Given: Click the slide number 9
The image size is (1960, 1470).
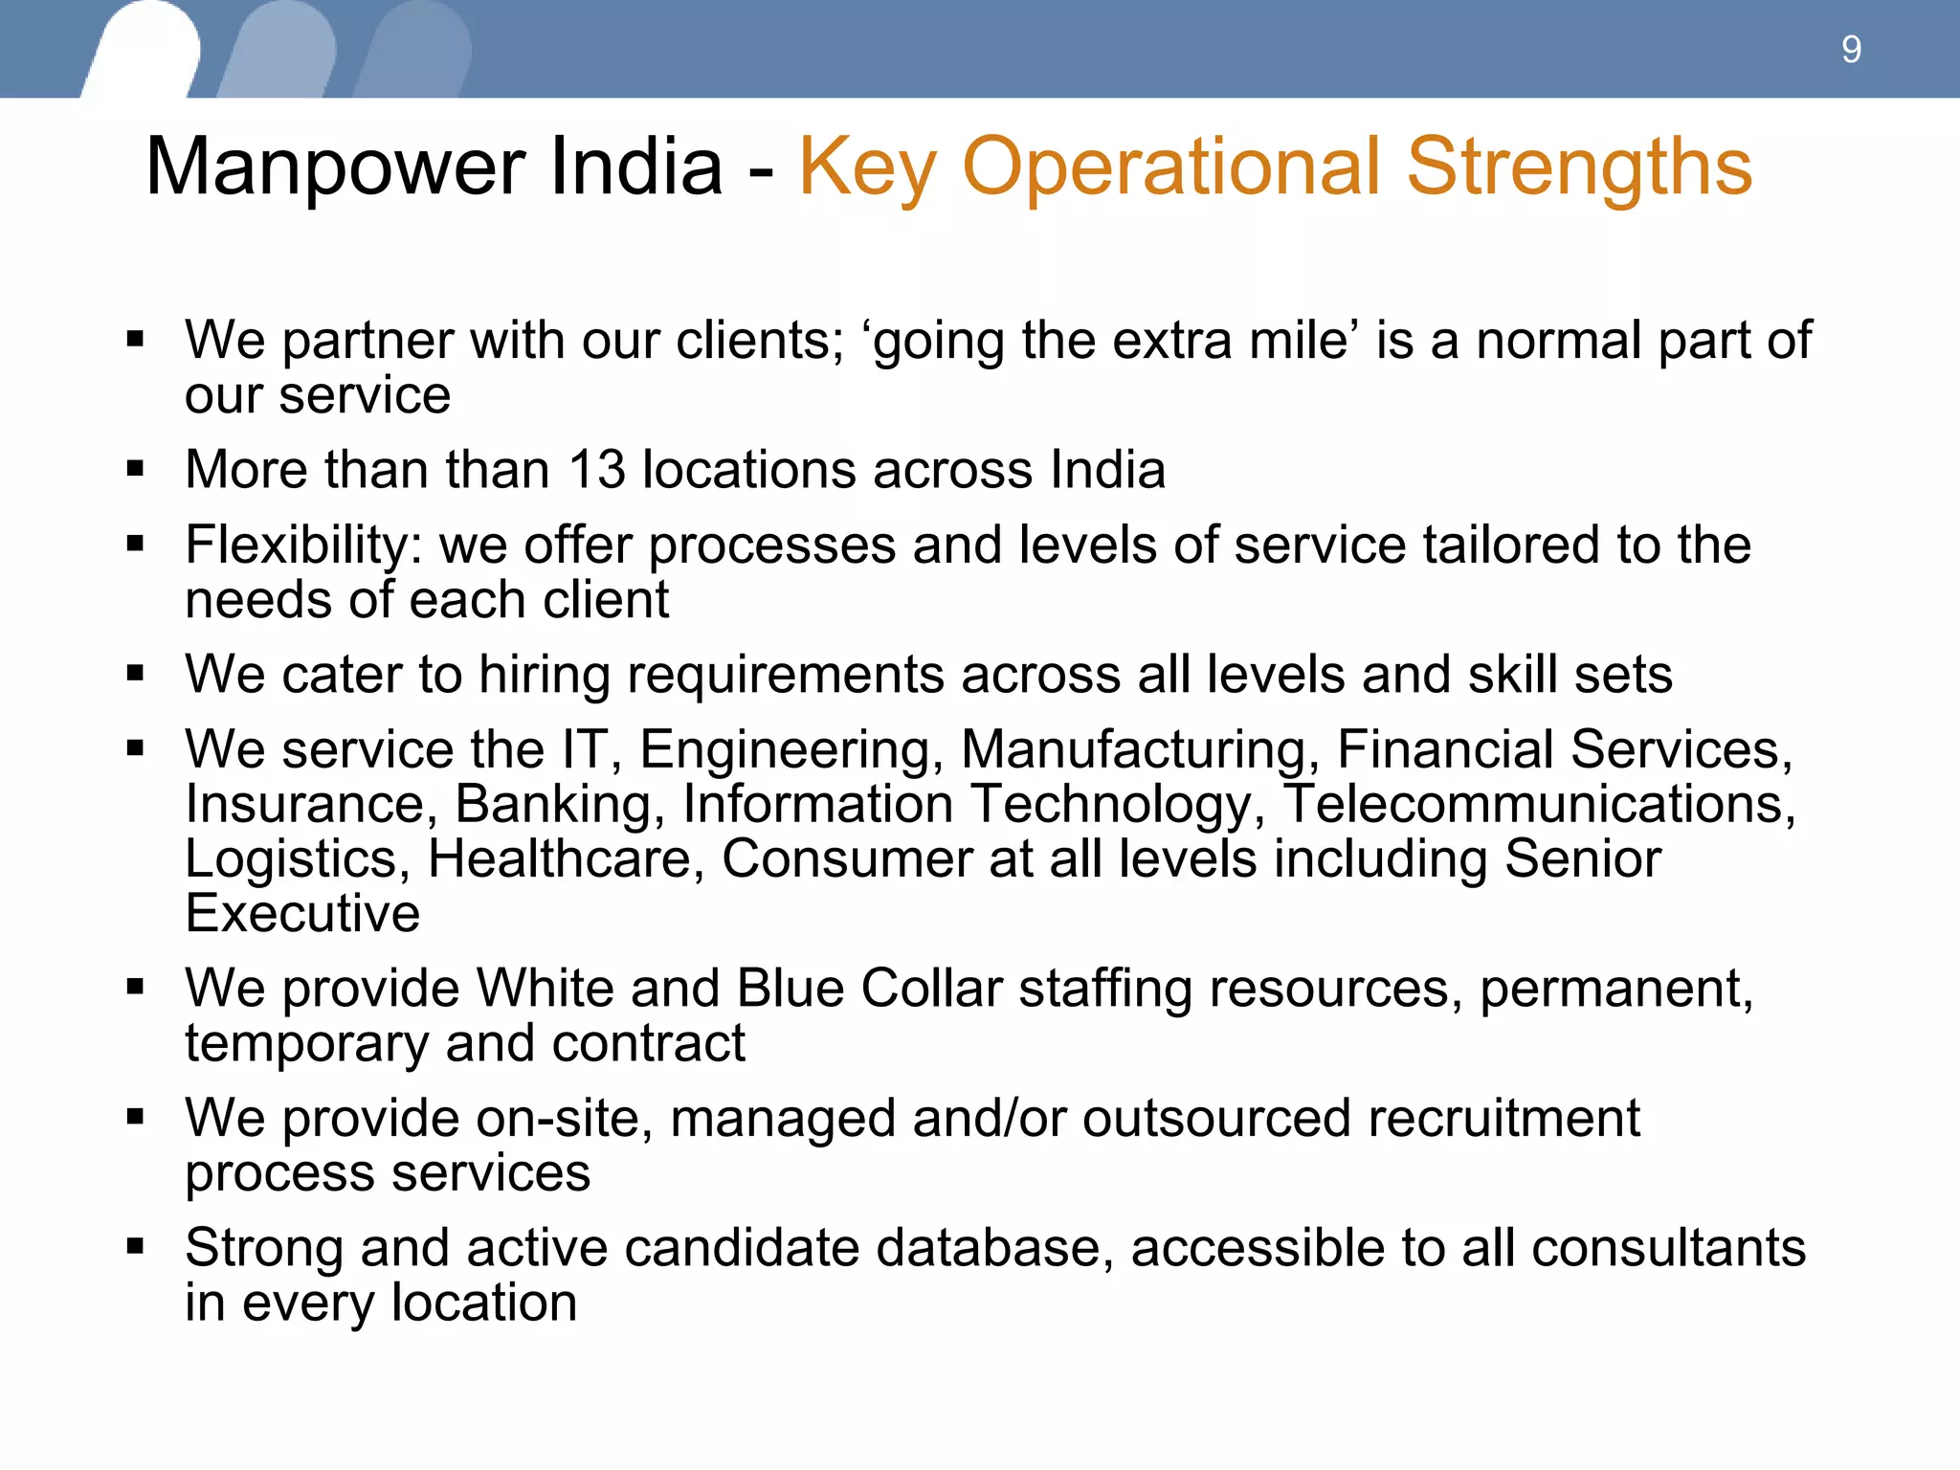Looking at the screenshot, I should [1851, 50].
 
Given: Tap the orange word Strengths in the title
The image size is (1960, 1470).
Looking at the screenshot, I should [1579, 168].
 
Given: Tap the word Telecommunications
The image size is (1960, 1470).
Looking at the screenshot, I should [1538, 804].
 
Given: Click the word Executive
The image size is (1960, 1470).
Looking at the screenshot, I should [302, 914].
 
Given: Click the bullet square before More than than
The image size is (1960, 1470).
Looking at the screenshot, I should [135, 469].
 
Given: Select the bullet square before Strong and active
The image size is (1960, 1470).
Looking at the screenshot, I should [135, 1246].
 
